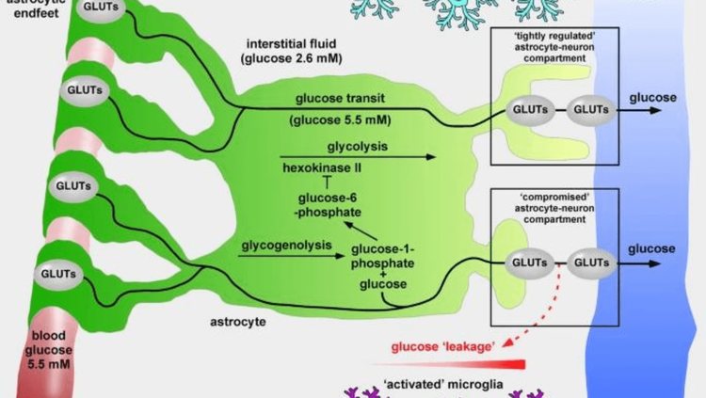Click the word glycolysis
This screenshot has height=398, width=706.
(x=358, y=147)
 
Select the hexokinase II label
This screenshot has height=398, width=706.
(x=325, y=167)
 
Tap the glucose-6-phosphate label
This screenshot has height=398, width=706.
(x=326, y=206)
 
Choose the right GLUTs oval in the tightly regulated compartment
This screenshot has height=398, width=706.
(x=591, y=108)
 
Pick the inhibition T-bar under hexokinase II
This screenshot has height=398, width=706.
(x=325, y=181)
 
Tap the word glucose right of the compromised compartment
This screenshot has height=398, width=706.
(x=651, y=248)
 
